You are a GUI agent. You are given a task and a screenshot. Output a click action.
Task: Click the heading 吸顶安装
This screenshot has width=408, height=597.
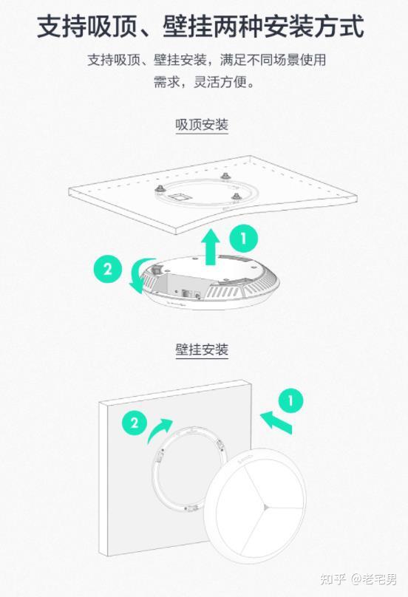(202, 125)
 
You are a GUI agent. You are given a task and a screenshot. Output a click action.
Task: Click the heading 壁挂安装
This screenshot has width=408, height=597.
(202, 349)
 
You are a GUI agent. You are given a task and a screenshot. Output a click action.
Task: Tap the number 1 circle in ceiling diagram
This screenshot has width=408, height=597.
(244, 239)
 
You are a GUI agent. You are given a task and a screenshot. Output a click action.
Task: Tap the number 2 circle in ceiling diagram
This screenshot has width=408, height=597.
(108, 269)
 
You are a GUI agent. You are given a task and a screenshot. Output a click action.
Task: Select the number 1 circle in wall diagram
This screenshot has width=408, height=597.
(290, 401)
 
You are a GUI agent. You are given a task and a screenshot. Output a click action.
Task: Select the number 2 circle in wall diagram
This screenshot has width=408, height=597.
(135, 423)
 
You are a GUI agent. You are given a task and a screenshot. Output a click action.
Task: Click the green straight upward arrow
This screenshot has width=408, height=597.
(211, 247)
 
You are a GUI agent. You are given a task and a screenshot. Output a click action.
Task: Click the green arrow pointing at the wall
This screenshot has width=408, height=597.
(276, 422)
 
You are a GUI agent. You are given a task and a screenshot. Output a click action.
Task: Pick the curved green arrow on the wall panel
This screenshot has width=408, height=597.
(158, 429)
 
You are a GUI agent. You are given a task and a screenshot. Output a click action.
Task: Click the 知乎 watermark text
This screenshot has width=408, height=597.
(333, 579)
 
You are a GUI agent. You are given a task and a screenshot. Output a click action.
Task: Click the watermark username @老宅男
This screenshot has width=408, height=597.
(374, 579)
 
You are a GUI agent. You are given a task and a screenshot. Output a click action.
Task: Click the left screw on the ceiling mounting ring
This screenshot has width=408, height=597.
(158, 188)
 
